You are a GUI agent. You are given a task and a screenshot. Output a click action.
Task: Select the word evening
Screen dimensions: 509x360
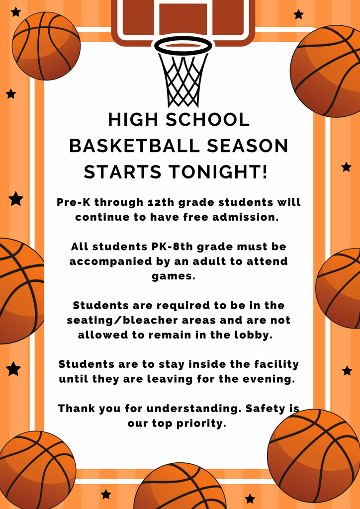[x=271, y=379]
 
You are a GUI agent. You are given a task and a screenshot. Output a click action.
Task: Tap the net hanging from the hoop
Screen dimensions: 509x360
[x=182, y=80]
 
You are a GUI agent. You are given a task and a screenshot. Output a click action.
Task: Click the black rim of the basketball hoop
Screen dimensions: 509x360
[x=183, y=45]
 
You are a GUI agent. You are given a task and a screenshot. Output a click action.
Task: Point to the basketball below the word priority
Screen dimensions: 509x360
[x=180, y=487]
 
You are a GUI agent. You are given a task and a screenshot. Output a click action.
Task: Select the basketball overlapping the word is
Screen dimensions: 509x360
[x=313, y=455]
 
